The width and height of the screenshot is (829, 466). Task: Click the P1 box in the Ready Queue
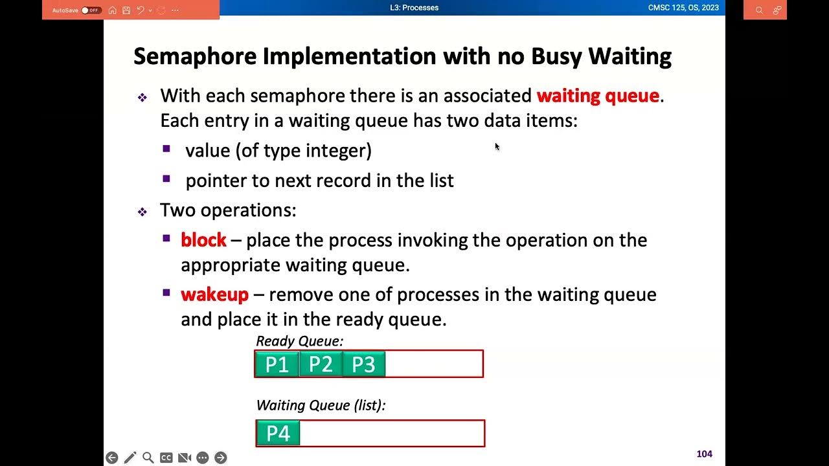pyautogui.click(x=277, y=364)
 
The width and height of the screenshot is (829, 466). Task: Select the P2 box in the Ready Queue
pyautogui.click(x=321, y=364)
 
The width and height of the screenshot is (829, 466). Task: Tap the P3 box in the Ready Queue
pyautogui.click(x=363, y=364)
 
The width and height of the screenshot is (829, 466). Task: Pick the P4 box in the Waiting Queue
pyautogui.click(x=278, y=434)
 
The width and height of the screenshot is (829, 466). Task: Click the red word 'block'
pyautogui.click(x=203, y=240)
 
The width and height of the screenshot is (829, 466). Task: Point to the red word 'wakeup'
pyautogui.click(x=214, y=294)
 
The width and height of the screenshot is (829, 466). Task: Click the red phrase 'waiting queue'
pyautogui.click(x=598, y=96)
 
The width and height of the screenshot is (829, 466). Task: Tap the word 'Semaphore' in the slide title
pyautogui.click(x=195, y=56)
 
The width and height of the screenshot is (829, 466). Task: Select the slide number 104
pyautogui.click(x=704, y=454)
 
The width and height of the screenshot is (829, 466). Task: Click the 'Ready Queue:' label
pyautogui.click(x=300, y=341)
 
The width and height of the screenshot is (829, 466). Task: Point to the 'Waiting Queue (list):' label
pyautogui.click(x=321, y=405)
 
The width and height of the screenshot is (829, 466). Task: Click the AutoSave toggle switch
pyautogui.click(x=91, y=10)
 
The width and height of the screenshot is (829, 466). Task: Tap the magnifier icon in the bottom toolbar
pyautogui.click(x=148, y=458)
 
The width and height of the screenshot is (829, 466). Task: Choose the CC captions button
pyautogui.click(x=166, y=458)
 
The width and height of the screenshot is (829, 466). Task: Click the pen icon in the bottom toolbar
pyautogui.click(x=130, y=458)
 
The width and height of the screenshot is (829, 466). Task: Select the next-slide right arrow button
pyautogui.click(x=221, y=458)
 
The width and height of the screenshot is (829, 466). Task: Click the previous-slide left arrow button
pyautogui.click(x=112, y=458)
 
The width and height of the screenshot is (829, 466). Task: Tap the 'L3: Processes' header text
pyautogui.click(x=414, y=8)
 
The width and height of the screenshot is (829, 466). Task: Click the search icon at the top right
pyautogui.click(x=759, y=10)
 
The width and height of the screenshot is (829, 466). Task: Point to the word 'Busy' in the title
pyautogui.click(x=556, y=56)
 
